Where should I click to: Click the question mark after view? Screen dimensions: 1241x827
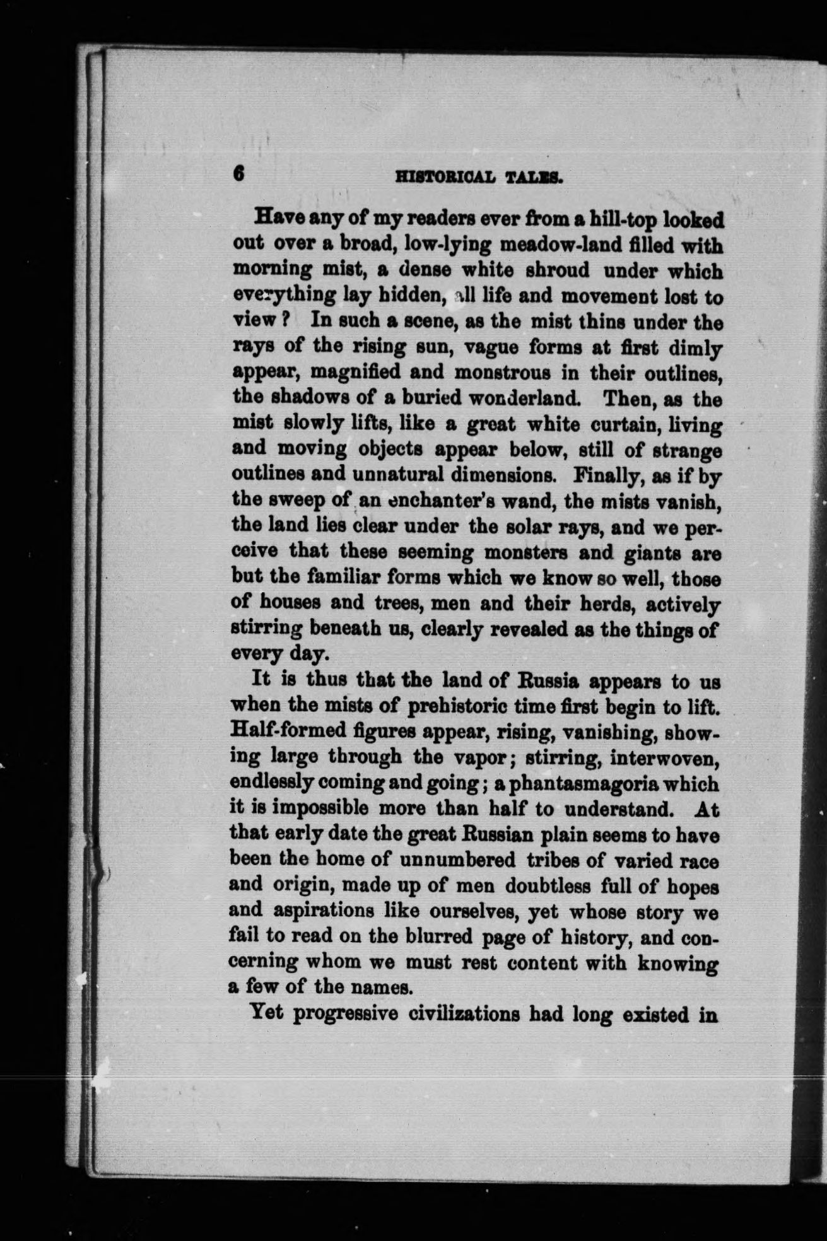(285, 320)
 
